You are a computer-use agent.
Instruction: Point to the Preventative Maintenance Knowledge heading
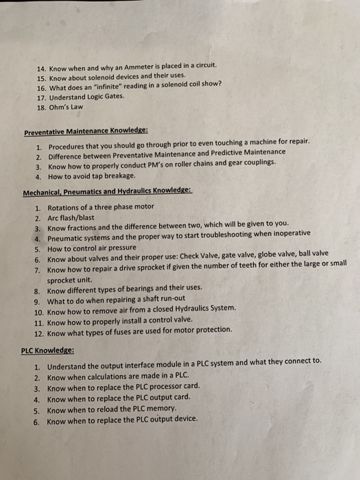[86, 131]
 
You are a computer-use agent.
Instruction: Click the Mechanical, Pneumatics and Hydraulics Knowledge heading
[108, 192]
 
